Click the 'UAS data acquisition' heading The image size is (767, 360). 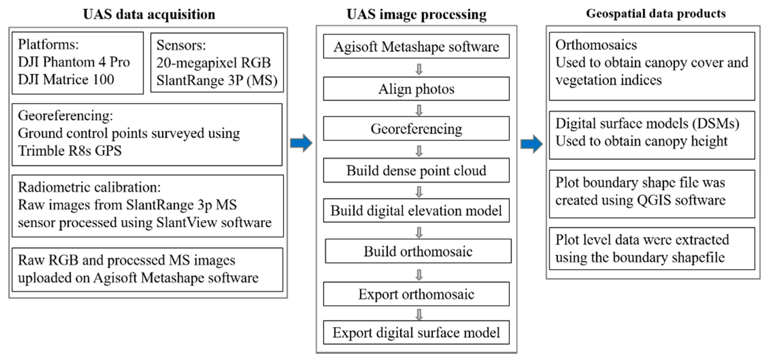(x=149, y=14)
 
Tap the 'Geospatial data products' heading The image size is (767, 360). (x=656, y=14)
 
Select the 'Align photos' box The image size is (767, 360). (x=416, y=89)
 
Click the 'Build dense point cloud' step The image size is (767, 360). (x=416, y=170)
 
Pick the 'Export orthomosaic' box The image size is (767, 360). (x=416, y=294)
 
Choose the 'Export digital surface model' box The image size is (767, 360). (x=416, y=332)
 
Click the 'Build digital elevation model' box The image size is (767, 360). (x=416, y=210)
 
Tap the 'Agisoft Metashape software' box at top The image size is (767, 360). (x=416, y=46)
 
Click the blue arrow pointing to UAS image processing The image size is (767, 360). (x=301, y=143)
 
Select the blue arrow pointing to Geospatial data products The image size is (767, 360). (x=532, y=144)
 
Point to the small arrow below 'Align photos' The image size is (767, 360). (x=419, y=110)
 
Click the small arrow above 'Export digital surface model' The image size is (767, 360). (x=419, y=314)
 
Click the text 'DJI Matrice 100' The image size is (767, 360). (x=66, y=79)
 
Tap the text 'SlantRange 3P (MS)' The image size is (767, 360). (x=217, y=80)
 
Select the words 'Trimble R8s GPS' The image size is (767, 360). (x=70, y=151)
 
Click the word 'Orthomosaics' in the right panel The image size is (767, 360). (x=596, y=45)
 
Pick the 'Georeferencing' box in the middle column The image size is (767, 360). (x=416, y=129)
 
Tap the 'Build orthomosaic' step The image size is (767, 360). (x=418, y=251)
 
